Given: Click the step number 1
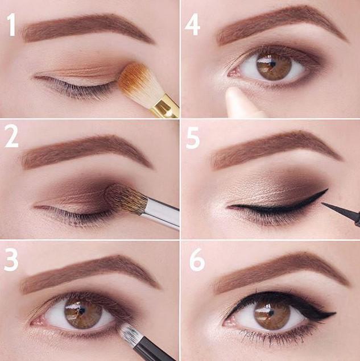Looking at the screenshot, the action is tap(11, 24).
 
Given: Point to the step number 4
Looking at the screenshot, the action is tap(192, 24).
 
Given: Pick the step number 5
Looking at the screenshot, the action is tap(193, 138).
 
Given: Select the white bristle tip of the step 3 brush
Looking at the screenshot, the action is tap(130, 332).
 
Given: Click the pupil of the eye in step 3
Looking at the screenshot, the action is tap(82, 312).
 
